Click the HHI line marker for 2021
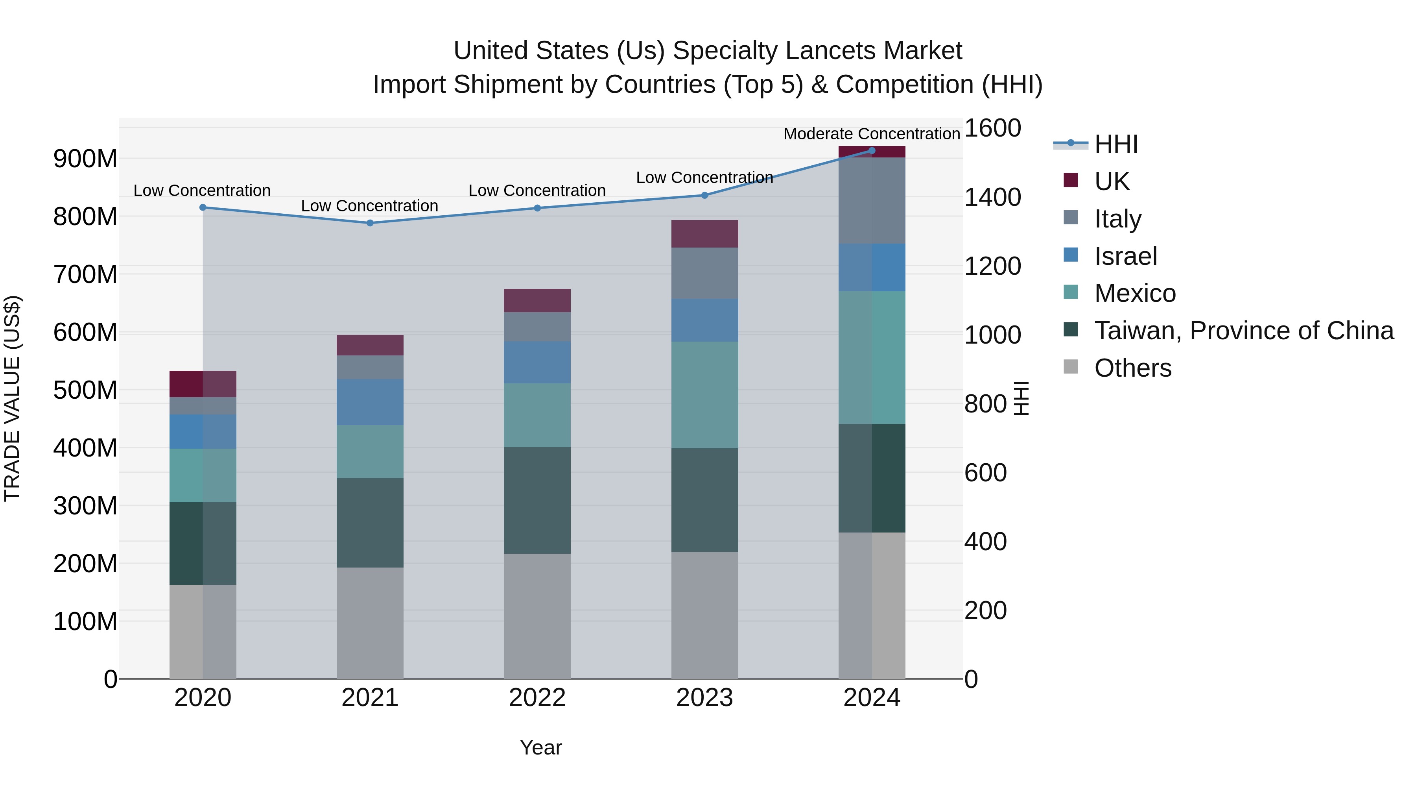pos(370,223)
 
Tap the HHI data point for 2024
pos(872,150)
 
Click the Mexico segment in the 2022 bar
pos(537,415)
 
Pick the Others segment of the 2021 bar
pos(370,623)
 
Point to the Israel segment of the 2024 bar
pos(872,267)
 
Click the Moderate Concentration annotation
pos(871,134)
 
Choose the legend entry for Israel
pos(1125,256)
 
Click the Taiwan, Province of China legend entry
pos(1243,331)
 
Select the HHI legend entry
pos(1115,144)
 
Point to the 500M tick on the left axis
pos(85,390)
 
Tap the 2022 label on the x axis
pos(537,698)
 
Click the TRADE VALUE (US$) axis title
pos(12,398)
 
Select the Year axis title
pos(541,747)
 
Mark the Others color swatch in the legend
pos(1071,366)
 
